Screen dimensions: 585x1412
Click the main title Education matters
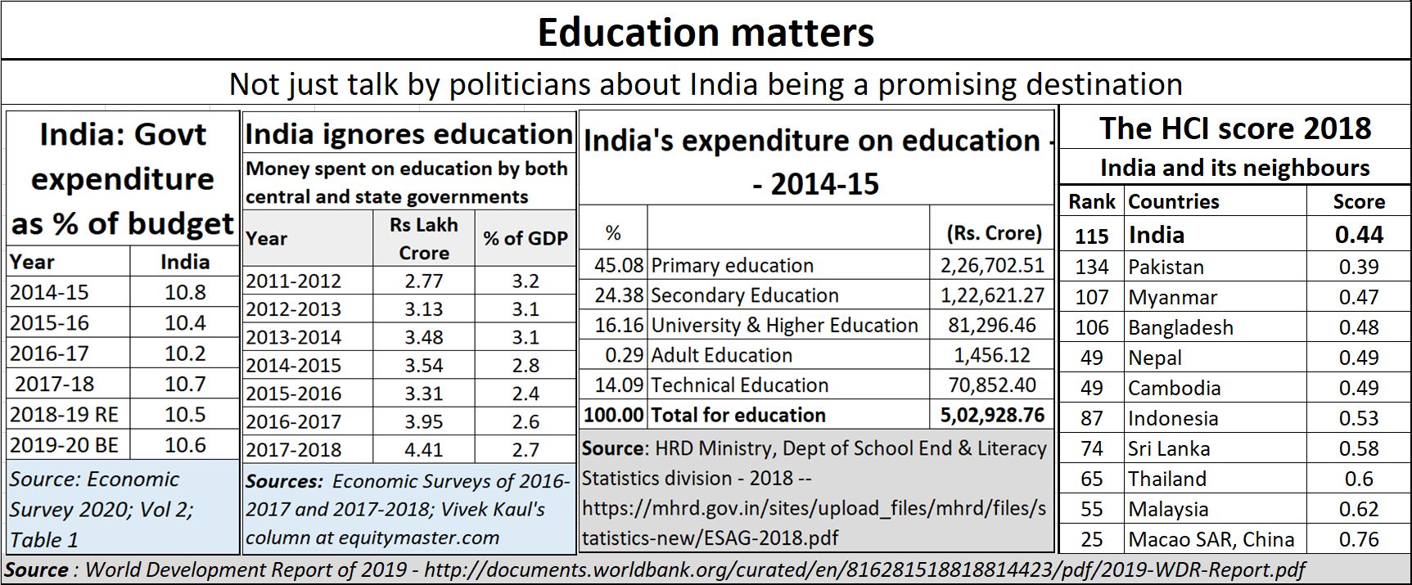click(706, 33)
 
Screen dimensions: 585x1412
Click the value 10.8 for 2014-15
click(185, 292)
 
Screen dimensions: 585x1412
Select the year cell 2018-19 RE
click(65, 415)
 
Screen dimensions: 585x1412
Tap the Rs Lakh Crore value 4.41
click(423, 449)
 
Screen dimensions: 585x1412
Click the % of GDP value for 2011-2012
click(526, 281)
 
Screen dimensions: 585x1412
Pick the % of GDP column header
click(526, 238)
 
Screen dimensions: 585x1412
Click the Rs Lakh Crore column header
click(423, 238)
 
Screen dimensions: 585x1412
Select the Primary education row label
click(732, 265)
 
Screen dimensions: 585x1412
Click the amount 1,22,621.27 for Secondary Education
click(992, 295)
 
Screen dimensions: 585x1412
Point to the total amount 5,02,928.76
click(992, 415)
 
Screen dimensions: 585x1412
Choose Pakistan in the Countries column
click(1166, 267)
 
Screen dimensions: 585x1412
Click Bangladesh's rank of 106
click(1091, 327)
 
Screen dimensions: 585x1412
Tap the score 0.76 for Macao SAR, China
click(1359, 539)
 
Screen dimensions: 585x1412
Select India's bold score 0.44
click(1359, 235)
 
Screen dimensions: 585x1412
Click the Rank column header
click(1092, 201)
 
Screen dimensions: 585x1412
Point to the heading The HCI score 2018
click(1234, 128)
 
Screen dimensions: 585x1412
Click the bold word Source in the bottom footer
click(37, 569)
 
